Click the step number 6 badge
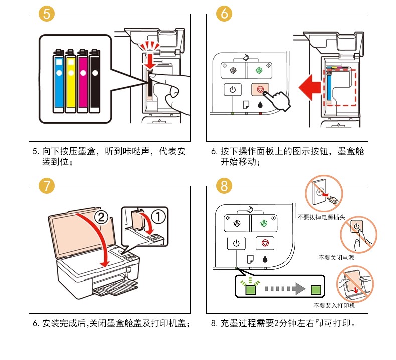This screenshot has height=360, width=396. click(224, 14)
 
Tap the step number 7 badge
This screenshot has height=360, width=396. click(46, 186)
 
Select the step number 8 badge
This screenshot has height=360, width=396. click(224, 186)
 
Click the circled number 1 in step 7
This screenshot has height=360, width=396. click(157, 217)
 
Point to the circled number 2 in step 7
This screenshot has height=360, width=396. click(101, 217)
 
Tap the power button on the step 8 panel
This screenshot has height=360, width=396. click(236, 244)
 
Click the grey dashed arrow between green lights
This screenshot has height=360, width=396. click(283, 289)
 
